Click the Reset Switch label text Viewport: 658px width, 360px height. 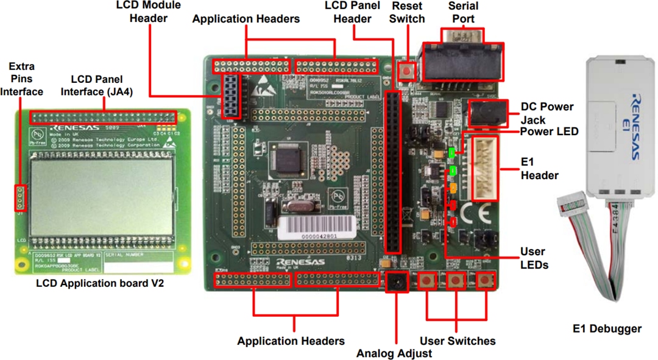[408, 12]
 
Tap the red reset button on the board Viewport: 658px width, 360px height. [407, 71]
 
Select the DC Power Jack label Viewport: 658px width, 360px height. [547, 113]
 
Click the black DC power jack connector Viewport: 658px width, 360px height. [488, 113]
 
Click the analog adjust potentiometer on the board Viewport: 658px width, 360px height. [397, 282]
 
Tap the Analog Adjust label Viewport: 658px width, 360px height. [394, 353]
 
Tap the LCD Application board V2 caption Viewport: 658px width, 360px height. [100, 283]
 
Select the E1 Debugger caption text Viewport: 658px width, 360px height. [607, 329]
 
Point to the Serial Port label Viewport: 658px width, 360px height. [463, 12]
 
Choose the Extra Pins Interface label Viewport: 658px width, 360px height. [21, 79]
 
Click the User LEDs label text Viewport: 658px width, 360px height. [534, 258]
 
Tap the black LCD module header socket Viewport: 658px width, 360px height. [232, 96]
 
